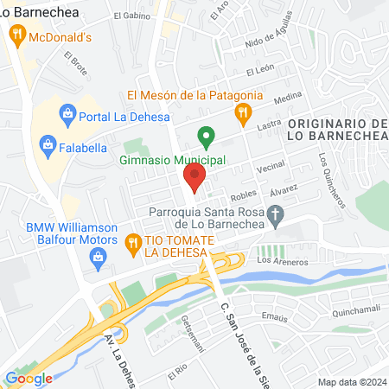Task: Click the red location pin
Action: click(194, 180)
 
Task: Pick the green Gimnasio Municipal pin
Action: click(206, 136)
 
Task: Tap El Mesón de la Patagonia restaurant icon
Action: click(244, 111)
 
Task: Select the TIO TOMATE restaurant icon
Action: click(132, 244)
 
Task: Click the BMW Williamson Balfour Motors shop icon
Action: click(99, 257)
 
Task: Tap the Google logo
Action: click(29, 378)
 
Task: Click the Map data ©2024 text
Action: click(351, 381)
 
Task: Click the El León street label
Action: click(260, 71)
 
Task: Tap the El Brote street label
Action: click(76, 61)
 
